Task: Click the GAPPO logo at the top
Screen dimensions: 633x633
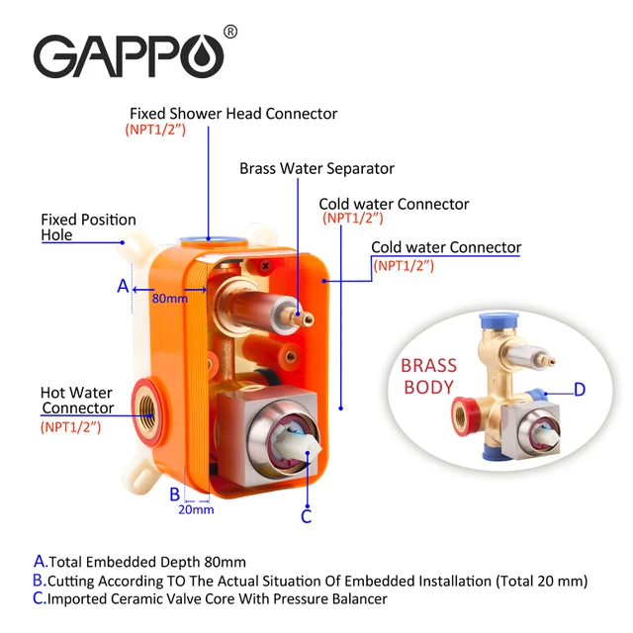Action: click(x=130, y=55)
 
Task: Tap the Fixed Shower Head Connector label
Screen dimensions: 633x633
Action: click(x=233, y=114)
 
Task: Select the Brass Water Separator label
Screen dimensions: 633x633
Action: click(x=316, y=168)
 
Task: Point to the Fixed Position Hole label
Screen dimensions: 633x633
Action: click(x=88, y=227)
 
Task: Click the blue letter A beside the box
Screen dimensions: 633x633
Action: click(x=123, y=286)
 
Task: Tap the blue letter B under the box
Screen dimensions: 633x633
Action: click(x=174, y=493)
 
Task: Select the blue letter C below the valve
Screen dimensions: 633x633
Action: click(x=307, y=515)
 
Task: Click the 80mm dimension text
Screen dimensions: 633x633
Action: click(x=168, y=298)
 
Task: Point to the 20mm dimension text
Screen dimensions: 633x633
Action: click(x=197, y=509)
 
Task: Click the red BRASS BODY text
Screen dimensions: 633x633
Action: click(x=428, y=375)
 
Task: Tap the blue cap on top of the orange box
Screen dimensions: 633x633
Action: click(x=208, y=236)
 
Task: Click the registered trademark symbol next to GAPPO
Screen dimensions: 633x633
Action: click(x=230, y=32)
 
